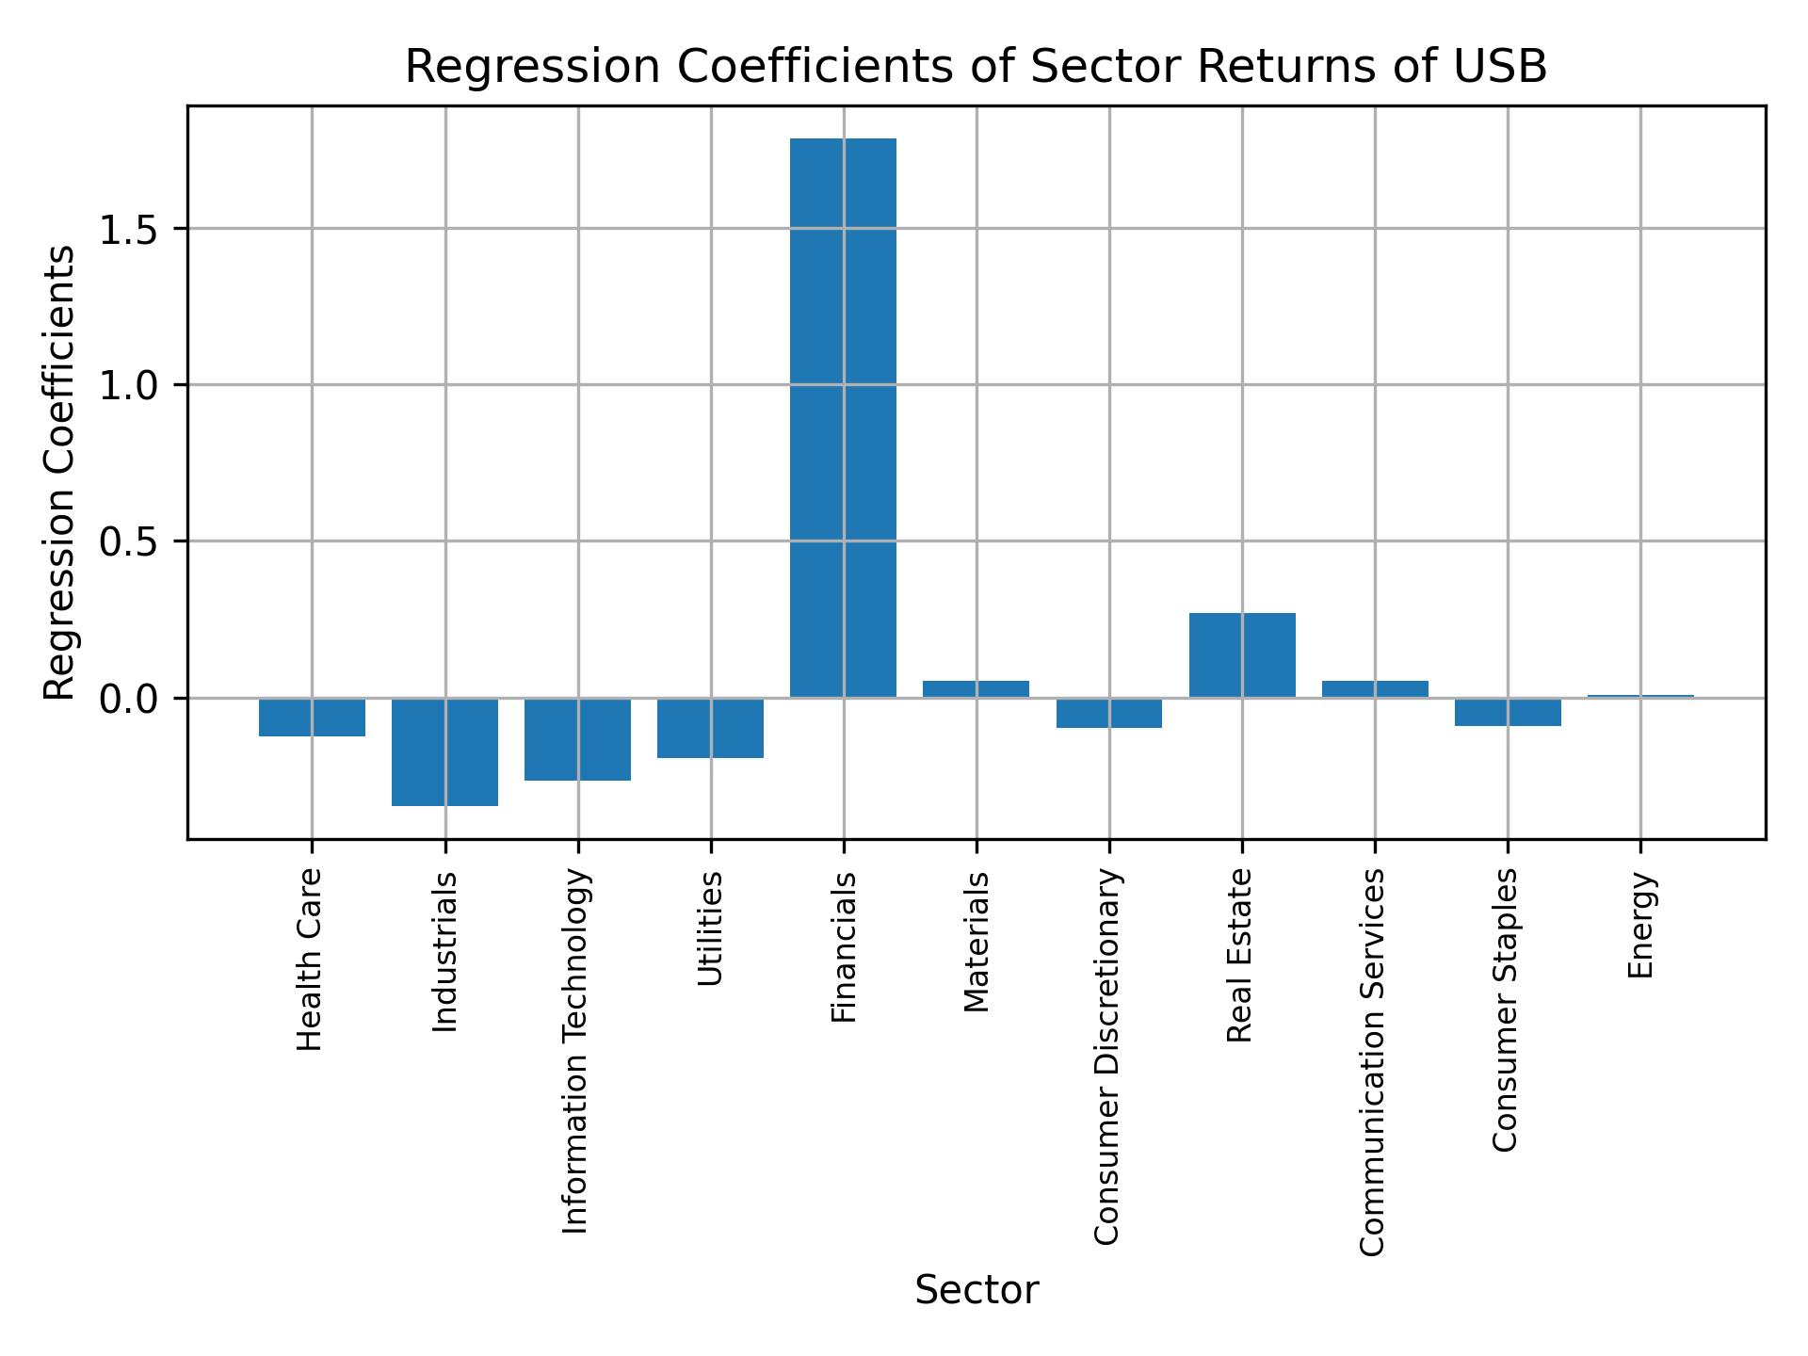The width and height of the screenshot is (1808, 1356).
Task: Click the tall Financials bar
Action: pyautogui.click(x=843, y=418)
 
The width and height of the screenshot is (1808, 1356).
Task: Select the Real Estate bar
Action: pyautogui.click(x=1242, y=655)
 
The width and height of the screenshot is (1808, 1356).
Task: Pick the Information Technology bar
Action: pyautogui.click(x=577, y=739)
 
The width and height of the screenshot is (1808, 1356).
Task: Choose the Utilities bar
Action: pyautogui.click(x=710, y=728)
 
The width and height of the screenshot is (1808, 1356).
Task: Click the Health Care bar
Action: pyautogui.click(x=312, y=717)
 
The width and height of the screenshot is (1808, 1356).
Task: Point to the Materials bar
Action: pyautogui.click(x=976, y=688)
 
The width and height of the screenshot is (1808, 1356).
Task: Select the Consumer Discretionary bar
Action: pyautogui.click(x=1109, y=713)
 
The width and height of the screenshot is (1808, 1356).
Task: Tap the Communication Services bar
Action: pyautogui.click(x=1375, y=688)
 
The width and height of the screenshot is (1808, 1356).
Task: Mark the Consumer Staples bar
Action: pyautogui.click(x=1508, y=712)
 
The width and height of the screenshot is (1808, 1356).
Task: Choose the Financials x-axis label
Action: pyautogui.click(x=844, y=947)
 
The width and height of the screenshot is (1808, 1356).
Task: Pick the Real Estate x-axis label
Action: pyautogui.click(x=1240, y=956)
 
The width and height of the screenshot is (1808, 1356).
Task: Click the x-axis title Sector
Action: pyautogui.click(x=977, y=1290)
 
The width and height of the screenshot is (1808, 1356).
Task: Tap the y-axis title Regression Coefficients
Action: pyautogui.click(x=60, y=473)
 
